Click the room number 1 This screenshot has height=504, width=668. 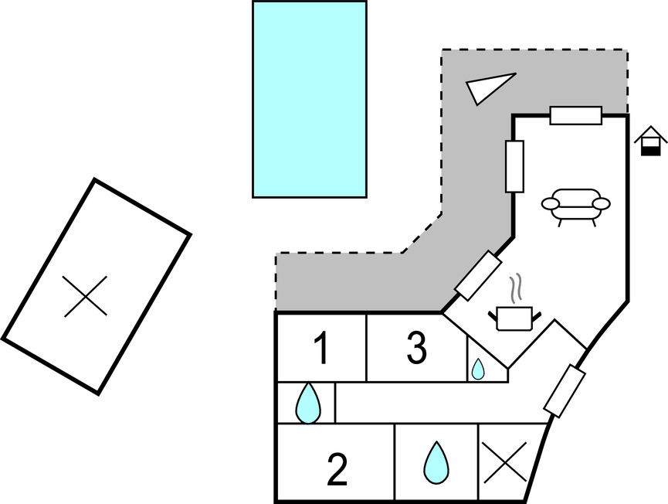tap(322, 349)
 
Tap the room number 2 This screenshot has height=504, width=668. tap(337, 471)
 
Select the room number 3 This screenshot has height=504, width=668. tap(416, 349)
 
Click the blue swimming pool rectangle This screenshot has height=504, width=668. tap(309, 99)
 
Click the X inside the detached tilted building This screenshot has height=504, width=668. tap(85, 297)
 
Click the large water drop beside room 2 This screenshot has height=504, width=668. tap(436, 462)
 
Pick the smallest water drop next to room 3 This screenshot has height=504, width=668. tap(478, 369)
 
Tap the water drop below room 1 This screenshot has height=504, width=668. tap(308, 403)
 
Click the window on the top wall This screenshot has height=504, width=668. tap(575, 115)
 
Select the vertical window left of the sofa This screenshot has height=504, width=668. tap(514, 165)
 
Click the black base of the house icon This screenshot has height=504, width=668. tap(650, 149)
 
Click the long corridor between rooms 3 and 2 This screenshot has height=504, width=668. tap(440, 402)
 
